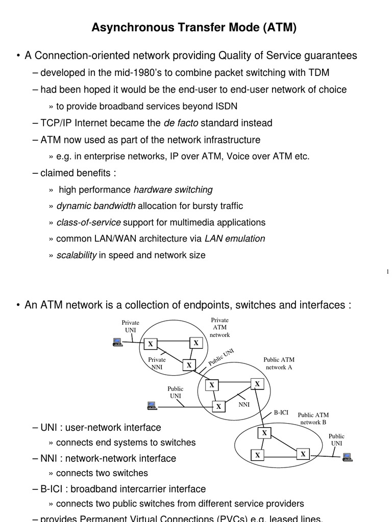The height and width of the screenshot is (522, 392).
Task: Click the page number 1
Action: coord(387,272)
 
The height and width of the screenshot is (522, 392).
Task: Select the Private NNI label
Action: coord(157,363)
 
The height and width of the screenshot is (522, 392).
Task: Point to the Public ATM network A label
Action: coord(279,363)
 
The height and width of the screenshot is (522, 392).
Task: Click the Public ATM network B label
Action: coord(313,419)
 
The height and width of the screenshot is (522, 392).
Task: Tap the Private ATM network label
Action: coord(220,327)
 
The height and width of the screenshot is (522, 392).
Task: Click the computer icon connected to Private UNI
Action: coord(117,342)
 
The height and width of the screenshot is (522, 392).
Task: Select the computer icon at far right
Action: coord(348,456)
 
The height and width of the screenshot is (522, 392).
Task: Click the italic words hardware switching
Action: coord(173,190)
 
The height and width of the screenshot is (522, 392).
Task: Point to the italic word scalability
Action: coord(76,255)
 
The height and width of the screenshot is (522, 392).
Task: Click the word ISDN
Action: coord(226,106)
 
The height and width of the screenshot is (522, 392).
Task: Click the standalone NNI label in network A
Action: coord(244,404)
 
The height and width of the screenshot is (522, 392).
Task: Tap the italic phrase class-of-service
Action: coord(88,222)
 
